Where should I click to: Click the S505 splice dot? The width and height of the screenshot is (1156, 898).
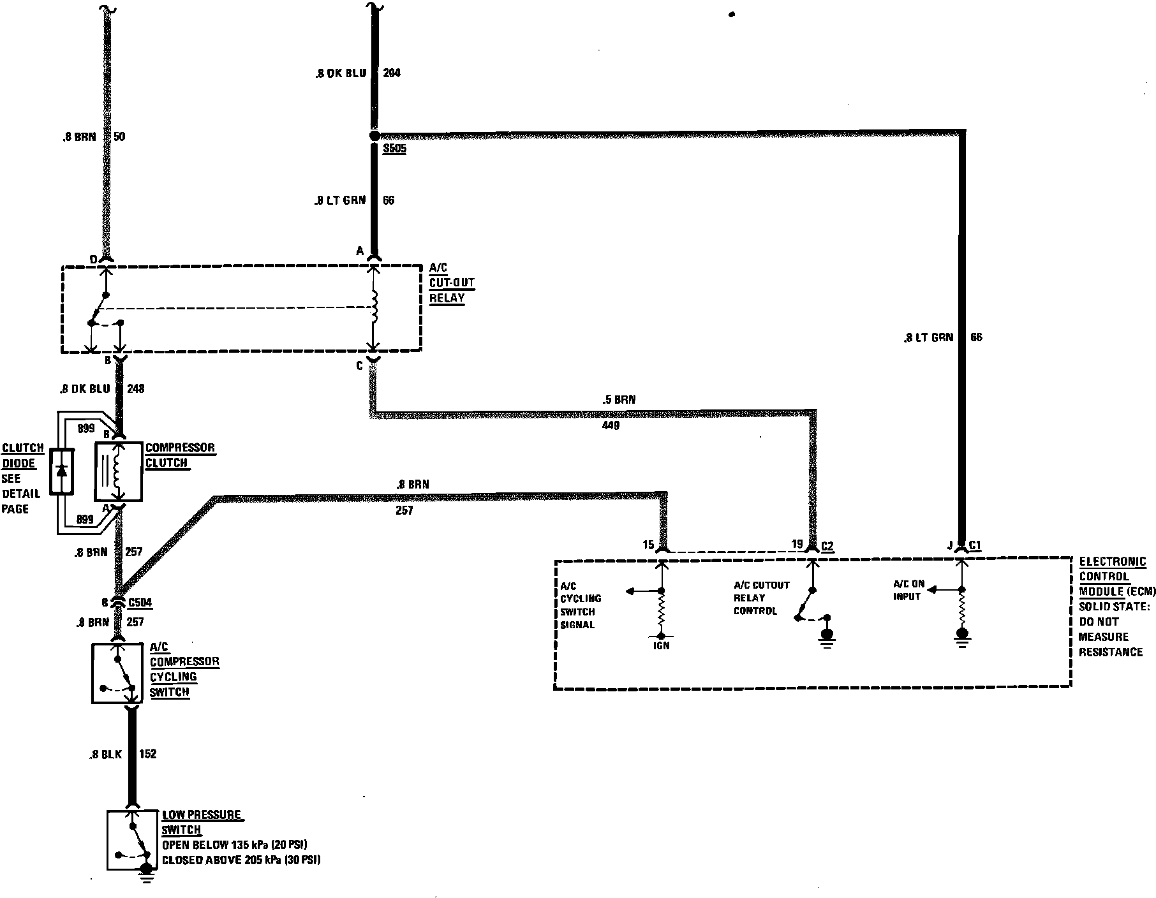pyautogui.click(x=374, y=136)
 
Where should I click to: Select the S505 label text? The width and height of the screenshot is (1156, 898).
pyautogui.click(x=394, y=150)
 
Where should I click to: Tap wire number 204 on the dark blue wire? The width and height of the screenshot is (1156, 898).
pyautogui.click(x=391, y=73)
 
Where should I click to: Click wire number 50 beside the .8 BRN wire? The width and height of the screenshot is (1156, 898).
pyautogui.click(x=119, y=137)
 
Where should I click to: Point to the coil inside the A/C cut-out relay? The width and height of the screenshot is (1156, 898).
pyautogui.click(x=374, y=307)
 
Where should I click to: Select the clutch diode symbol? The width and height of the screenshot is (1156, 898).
pyautogui.click(x=62, y=471)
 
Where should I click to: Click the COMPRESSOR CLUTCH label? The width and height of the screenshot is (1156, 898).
pyautogui.click(x=180, y=455)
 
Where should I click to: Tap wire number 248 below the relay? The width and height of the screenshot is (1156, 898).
pyautogui.click(x=135, y=388)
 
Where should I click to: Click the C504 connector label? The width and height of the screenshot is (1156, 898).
pyautogui.click(x=140, y=603)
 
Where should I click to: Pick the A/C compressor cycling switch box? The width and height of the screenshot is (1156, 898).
pyautogui.click(x=117, y=673)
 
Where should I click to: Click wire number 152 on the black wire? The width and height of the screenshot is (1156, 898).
pyautogui.click(x=147, y=754)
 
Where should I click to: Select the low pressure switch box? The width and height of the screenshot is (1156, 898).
pyautogui.click(x=132, y=840)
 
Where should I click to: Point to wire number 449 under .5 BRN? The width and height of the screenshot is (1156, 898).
pyautogui.click(x=611, y=425)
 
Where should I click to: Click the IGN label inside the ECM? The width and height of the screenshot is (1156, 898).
pyautogui.click(x=662, y=645)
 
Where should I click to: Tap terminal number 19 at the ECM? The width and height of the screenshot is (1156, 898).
pyautogui.click(x=797, y=544)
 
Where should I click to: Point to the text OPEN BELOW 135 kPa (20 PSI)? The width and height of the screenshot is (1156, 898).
pyautogui.click(x=234, y=845)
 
